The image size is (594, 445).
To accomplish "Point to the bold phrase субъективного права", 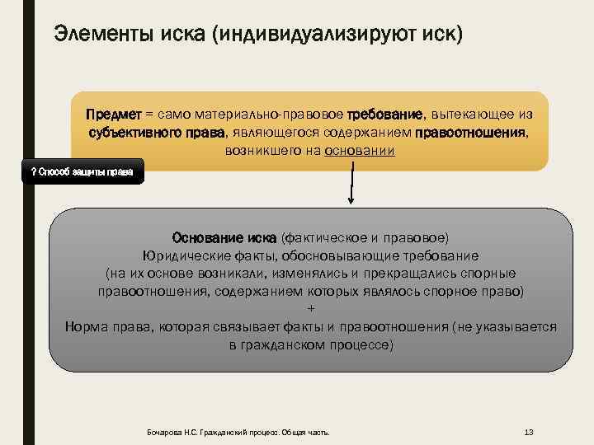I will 156,132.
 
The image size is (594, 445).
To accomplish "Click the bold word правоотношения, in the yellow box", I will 472,132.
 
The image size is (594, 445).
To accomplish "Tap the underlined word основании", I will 361,151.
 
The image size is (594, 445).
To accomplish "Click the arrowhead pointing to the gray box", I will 351,200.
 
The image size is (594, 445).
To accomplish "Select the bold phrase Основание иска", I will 224,238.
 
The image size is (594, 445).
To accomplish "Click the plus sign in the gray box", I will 310,309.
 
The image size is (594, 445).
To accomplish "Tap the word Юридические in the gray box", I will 182,255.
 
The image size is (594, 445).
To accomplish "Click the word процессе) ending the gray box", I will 357,345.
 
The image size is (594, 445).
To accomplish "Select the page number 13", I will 530,432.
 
